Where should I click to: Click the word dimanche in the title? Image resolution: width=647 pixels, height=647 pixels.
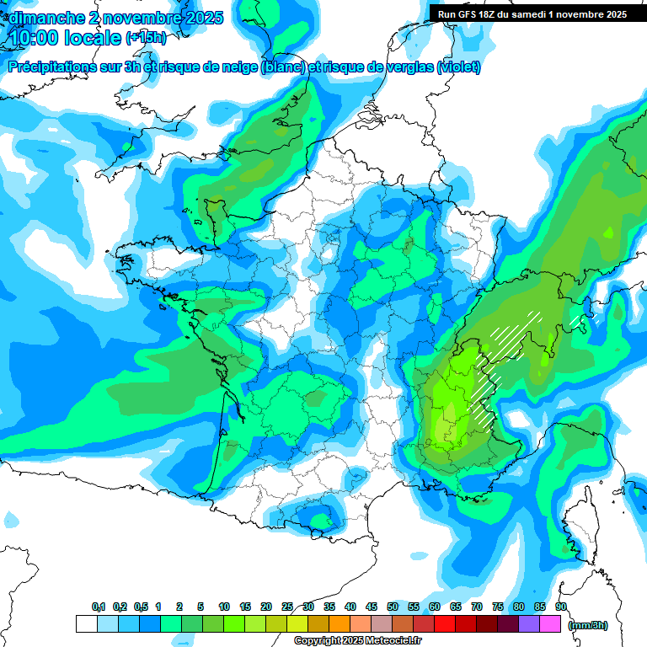pyautogui.click(x=43, y=18)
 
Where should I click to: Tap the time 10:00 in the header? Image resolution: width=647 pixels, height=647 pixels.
pyautogui.click(x=37, y=38)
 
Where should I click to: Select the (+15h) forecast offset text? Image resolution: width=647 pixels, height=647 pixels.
pyautogui.click(x=146, y=38)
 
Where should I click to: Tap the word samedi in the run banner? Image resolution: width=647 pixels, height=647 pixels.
pyautogui.click(x=525, y=13)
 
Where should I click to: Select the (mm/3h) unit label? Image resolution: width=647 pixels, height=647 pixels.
pyautogui.click(x=588, y=625)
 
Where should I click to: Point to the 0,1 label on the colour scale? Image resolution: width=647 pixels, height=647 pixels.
pyautogui.click(x=99, y=607)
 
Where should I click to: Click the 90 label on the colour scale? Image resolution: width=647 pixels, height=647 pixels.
pyautogui.click(x=561, y=607)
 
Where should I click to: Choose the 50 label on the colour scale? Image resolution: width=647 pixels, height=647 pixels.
pyautogui.click(x=393, y=607)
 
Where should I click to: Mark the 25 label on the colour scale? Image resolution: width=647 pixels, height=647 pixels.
pyautogui.click(x=287, y=607)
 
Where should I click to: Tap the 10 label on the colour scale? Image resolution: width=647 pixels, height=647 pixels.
pyautogui.click(x=224, y=607)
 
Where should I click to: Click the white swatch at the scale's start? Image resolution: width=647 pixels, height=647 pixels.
pyautogui.click(x=86, y=624)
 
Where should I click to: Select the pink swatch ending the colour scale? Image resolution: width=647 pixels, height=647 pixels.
pyautogui.click(x=550, y=624)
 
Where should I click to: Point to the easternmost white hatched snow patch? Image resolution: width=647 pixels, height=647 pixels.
pyautogui.click(x=578, y=321)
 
